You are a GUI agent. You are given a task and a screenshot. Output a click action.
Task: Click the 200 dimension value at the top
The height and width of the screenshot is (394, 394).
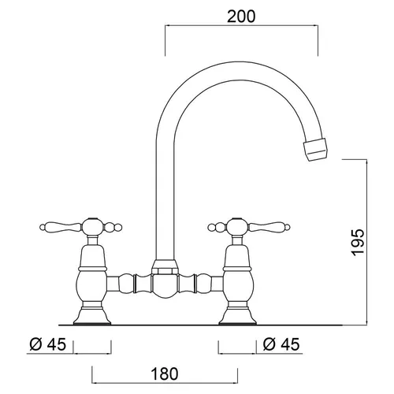coord(241,17)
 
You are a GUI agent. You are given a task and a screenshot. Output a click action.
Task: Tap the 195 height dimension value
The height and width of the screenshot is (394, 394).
coord(359,243)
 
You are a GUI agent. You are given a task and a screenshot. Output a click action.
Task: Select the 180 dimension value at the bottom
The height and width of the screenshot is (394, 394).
coord(165,374)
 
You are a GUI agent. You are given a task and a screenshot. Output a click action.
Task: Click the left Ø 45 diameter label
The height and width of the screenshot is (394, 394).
coord(47,344)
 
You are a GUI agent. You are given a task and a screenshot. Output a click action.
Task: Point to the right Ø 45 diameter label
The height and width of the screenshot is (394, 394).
coord(281,344)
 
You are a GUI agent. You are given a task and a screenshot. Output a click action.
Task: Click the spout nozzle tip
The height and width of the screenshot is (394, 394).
coord(316,149)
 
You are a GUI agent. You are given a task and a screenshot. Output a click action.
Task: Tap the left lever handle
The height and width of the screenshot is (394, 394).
coord(60,227)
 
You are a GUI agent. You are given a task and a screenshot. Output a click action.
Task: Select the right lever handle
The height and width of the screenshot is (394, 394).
coord(269,227)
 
